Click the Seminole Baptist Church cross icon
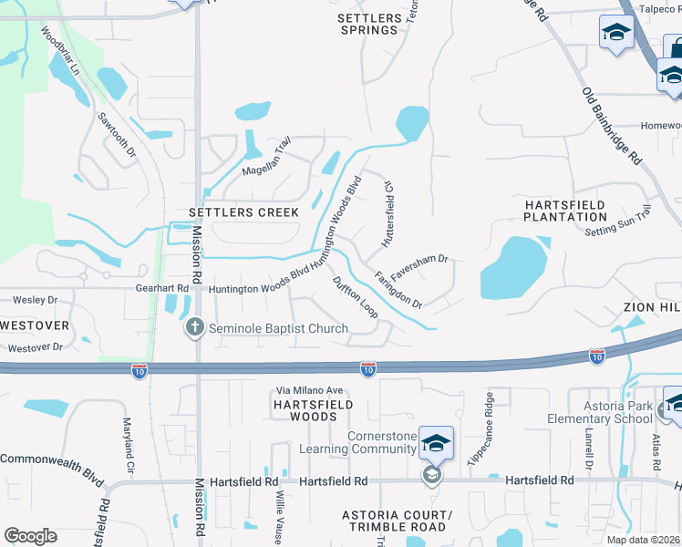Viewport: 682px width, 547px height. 194,327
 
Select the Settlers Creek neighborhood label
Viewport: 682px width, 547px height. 243,212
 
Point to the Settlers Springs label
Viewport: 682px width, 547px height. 368,24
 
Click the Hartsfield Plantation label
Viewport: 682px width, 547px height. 565,211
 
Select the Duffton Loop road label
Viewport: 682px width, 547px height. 355,296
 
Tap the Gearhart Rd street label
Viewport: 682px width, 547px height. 170,288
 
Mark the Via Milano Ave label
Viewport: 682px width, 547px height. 305,391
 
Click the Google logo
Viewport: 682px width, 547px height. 30,535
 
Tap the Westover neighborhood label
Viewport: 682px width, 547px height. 34,325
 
